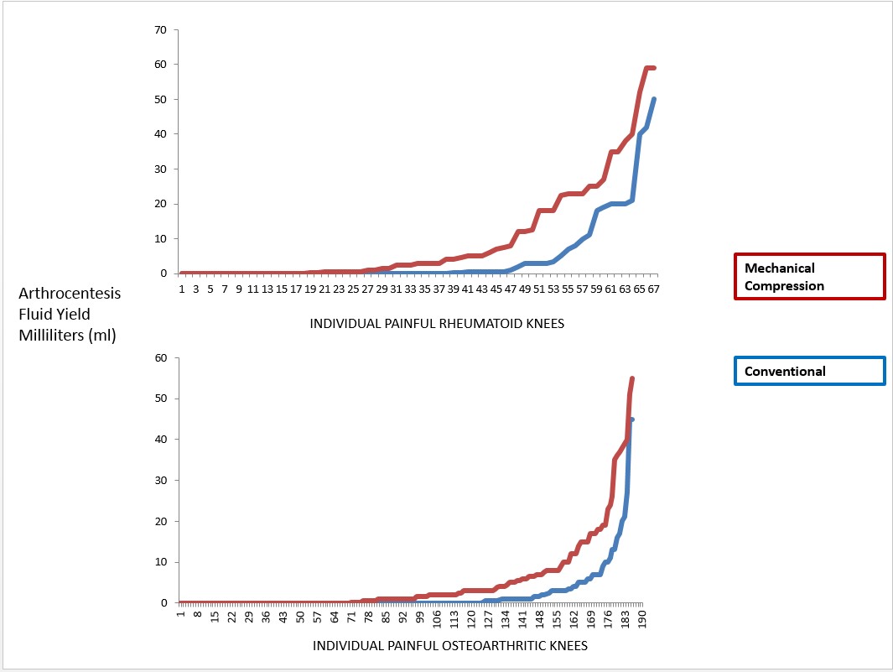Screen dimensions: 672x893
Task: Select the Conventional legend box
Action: pyautogui.click(x=809, y=371)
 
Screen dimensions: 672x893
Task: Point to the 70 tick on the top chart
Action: pyautogui.click(x=161, y=30)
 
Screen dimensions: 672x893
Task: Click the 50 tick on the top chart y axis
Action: pyautogui.click(x=161, y=99)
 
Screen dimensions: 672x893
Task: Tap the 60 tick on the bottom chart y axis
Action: pyautogui.click(x=161, y=358)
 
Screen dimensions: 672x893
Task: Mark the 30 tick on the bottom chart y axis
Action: pyautogui.click(x=161, y=481)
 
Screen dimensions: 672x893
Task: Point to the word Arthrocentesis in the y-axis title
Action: pyautogui.click(x=70, y=294)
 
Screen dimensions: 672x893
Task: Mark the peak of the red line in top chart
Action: pyautogui.click(x=649, y=68)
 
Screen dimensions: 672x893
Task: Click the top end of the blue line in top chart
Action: pyautogui.click(x=654, y=99)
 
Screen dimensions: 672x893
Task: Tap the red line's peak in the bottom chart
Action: pyautogui.click(x=631, y=378)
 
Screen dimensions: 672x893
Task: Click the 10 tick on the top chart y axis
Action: pyautogui.click(x=161, y=238)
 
